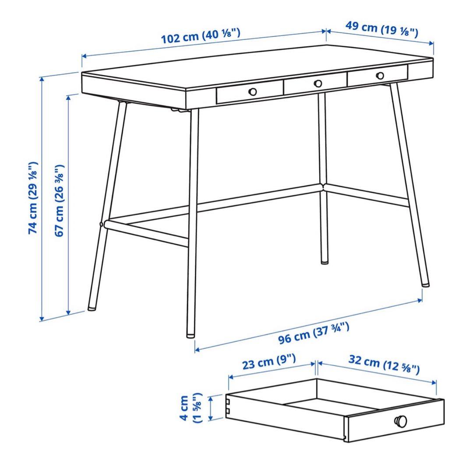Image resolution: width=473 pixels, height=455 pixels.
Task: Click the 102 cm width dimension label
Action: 201,36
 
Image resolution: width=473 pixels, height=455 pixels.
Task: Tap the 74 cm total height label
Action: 33,198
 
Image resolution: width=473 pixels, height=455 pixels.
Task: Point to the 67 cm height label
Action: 60,200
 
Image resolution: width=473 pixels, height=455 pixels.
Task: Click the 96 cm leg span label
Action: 314,333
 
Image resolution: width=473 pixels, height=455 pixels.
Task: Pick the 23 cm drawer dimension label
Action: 269,362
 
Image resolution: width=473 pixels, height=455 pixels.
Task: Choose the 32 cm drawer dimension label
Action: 384,364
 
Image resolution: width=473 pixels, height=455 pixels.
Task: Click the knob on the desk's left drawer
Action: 253,92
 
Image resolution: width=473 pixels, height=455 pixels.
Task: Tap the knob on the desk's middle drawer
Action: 318,83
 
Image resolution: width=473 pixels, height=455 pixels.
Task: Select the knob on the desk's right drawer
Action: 380,75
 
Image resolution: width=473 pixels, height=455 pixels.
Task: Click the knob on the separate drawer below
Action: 401,420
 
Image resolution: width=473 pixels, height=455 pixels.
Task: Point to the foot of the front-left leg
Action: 92,309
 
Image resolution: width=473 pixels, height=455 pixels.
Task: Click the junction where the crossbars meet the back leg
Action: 323,187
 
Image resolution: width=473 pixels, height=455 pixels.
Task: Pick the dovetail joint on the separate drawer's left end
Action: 228,406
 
